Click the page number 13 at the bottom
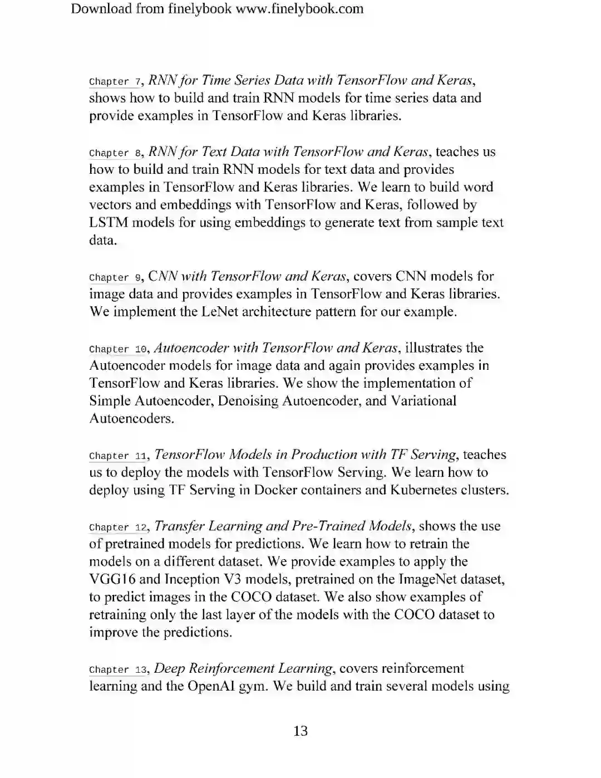[300, 731]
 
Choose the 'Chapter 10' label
[117, 349]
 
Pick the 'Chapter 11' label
[117, 456]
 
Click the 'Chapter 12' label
[117, 527]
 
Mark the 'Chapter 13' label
[117, 669]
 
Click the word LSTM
[109, 223]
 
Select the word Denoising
[249, 401]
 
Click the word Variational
[423, 401]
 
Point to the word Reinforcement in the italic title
[225, 668]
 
